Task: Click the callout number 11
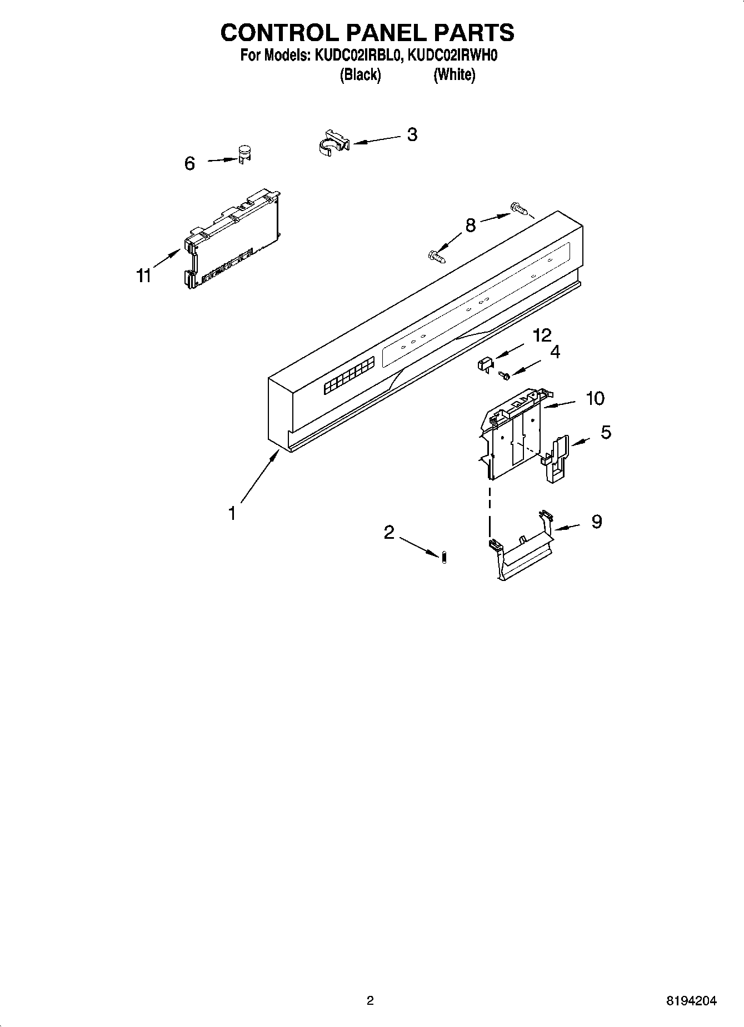tap(144, 275)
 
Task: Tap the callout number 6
tap(189, 163)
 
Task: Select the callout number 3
tap(412, 134)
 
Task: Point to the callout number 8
tap(470, 225)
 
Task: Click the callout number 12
tap(542, 335)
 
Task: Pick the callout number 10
tap(595, 398)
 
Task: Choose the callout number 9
tap(596, 521)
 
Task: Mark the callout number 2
tap(389, 532)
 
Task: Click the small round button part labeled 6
tap(244, 154)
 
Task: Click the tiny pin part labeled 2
tap(445, 557)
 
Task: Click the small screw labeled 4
tap(505, 376)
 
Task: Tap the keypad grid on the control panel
tap(349, 377)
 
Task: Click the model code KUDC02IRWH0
tap(452, 56)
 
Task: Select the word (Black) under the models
tap(360, 74)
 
